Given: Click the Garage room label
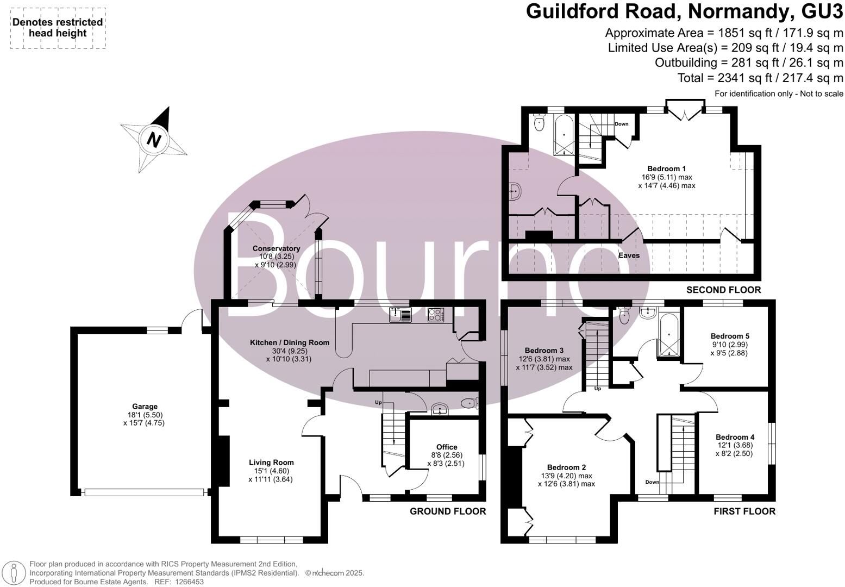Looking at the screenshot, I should click(145, 407).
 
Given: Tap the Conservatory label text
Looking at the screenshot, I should click(276, 249).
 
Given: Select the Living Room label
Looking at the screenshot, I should click(271, 463).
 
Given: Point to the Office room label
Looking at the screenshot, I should click(447, 447).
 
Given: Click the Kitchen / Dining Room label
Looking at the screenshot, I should click(290, 342).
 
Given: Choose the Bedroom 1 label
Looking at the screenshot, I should click(666, 168).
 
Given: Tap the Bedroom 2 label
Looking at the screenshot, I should click(566, 467).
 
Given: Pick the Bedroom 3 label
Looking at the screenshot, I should click(544, 351).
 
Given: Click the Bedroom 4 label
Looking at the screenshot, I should click(735, 437).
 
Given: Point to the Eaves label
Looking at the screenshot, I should click(629, 255).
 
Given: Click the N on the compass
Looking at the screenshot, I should click(154, 140).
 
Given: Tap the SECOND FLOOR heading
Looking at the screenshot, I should click(723, 290).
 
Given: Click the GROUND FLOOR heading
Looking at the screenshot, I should click(447, 511).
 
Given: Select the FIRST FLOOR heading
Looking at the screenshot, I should click(744, 511).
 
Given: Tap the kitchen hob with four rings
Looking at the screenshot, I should click(436, 315).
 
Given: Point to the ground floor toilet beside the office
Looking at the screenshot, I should click(468, 403).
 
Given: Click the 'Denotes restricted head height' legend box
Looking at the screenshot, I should click(58, 28).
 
